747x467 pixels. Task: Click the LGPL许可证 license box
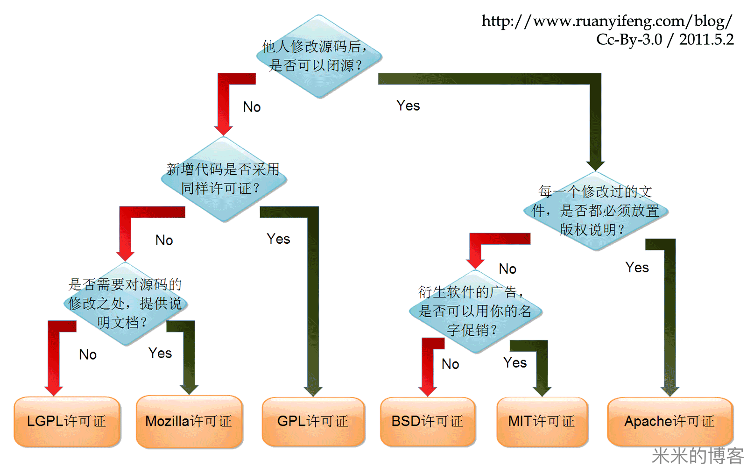[x=67, y=421]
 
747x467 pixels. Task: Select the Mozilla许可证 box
[x=189, y=421]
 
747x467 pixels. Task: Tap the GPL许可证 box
[x=313, y=421]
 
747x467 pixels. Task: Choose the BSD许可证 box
[x=428, y=421]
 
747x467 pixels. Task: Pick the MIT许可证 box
[x=542, y=421]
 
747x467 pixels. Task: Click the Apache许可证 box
[x=669, y=421]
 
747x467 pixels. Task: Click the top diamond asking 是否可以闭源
[x=318, y=57]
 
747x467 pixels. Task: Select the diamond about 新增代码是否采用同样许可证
[x=224, y=179]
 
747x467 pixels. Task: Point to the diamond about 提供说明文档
[x=125, y=304]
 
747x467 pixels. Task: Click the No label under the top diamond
[x=252, y=107]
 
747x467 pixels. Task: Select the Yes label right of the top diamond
[x=408, y=106]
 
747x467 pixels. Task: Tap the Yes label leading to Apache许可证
[x=637, y=268]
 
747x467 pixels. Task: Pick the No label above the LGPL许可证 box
[x=88, y=354]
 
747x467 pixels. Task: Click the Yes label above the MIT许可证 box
[x=515, y=363]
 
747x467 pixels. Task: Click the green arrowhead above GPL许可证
[x=313, y=390]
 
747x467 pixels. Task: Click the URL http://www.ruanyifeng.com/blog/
[x=606, y=21]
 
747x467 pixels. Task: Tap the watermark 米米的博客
[x=697, y=456]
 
